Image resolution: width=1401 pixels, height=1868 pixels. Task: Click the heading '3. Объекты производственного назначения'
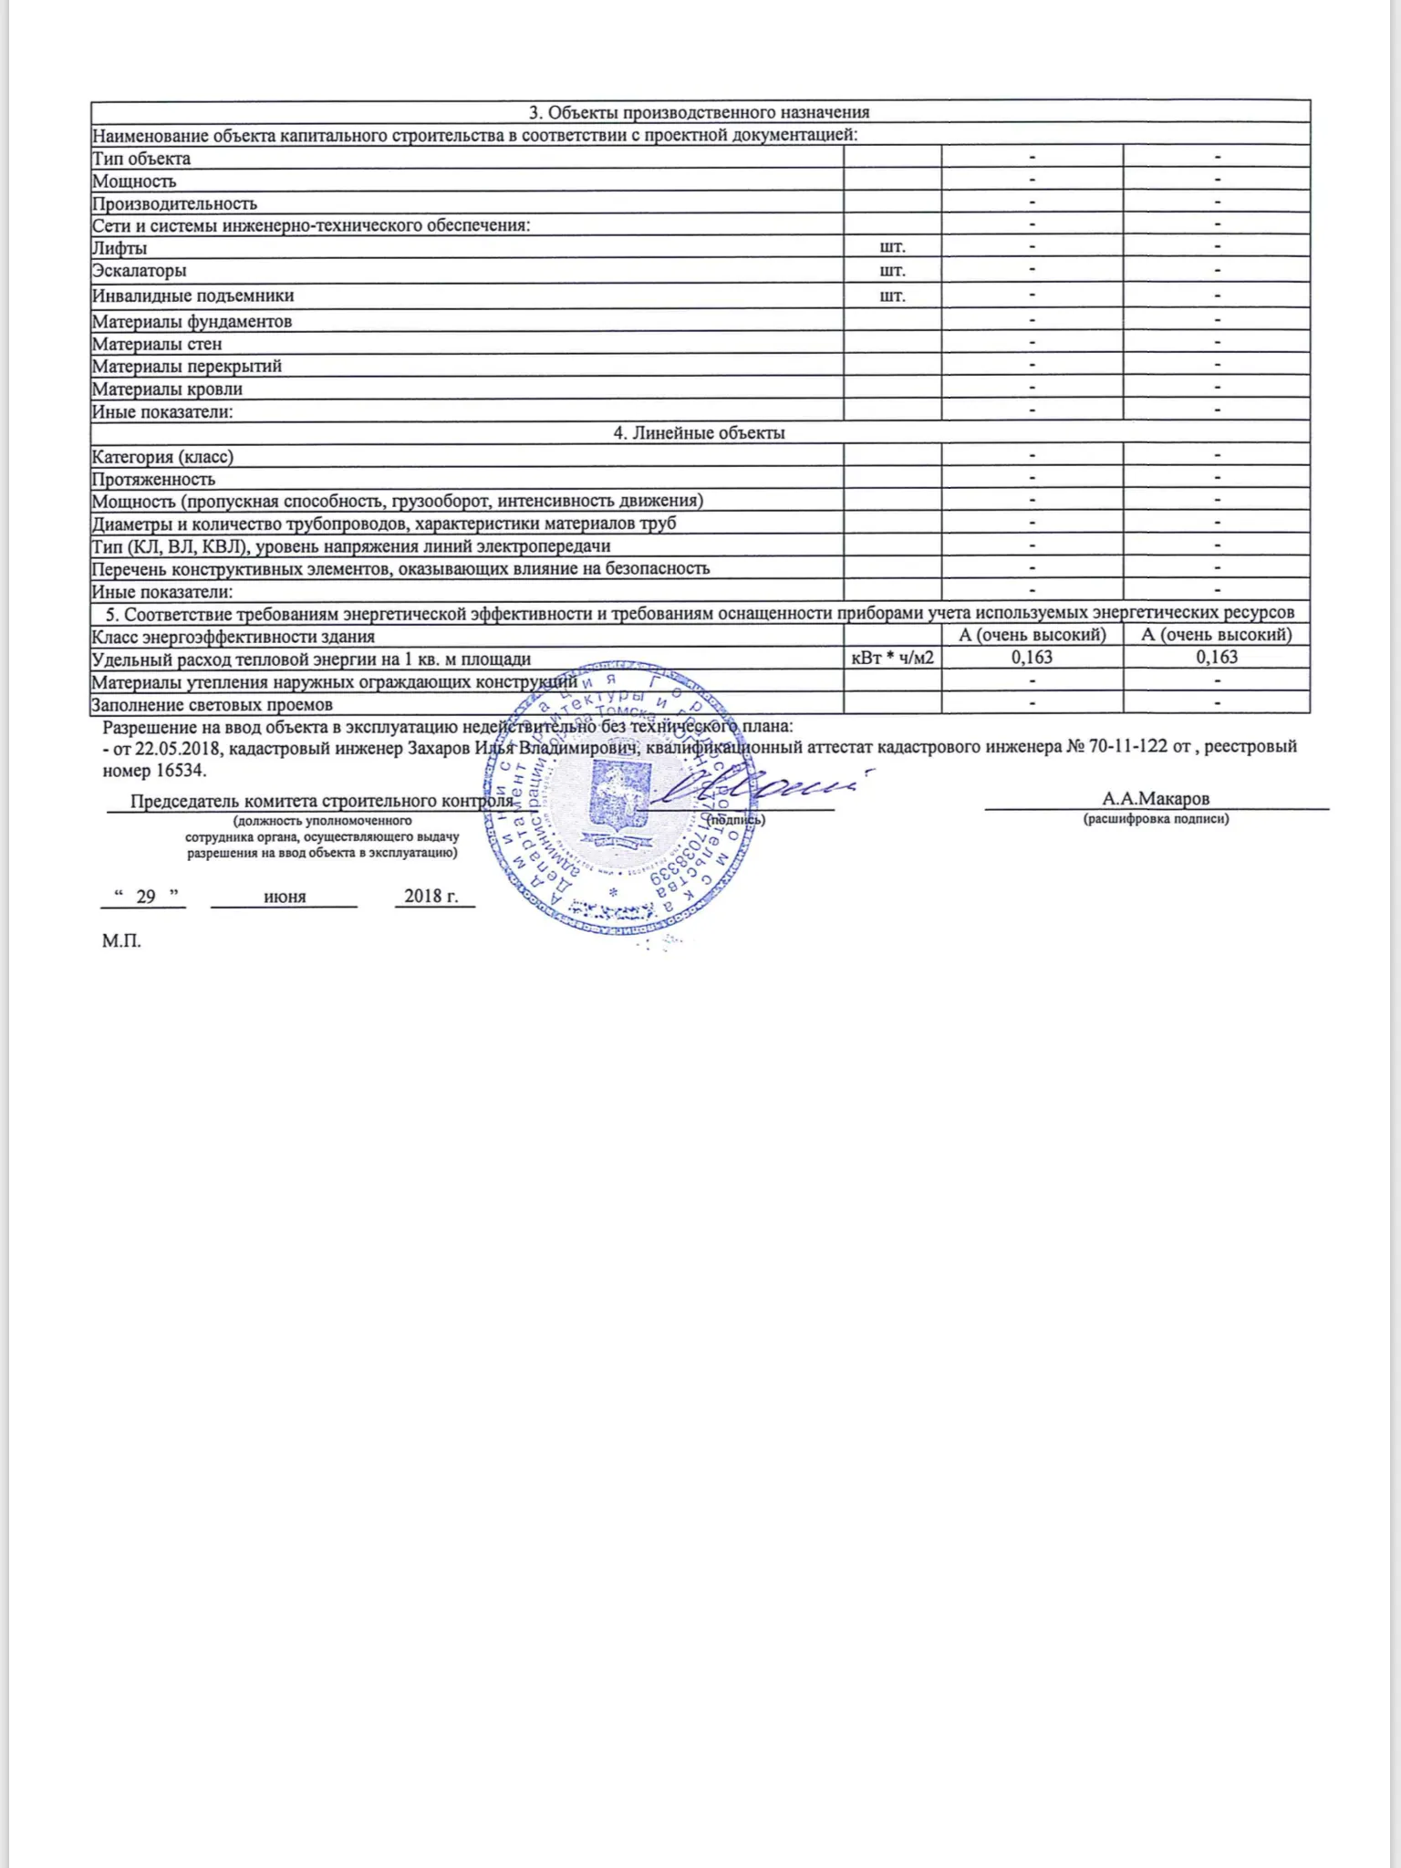pyautogui.click(x=699, y=112)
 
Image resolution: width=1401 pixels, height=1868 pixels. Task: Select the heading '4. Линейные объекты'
pyautogui.click(x=699, y=433)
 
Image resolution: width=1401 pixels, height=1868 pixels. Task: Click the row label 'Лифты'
pyautogui.click(x=119, y=248)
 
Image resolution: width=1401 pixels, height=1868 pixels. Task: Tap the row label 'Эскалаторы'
pyautogui.click(x=140, y=271)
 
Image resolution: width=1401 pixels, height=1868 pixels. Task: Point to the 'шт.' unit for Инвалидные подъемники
pyautogui.click(x=892, y=296)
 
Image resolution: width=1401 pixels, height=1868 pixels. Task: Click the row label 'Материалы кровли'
pyautogui.click(x=167, y=389)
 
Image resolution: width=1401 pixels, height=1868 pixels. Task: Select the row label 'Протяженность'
pyautogui.click(x=153, y=479)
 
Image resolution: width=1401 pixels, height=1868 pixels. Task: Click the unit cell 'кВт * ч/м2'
pyautogui.click(x=892, y=658)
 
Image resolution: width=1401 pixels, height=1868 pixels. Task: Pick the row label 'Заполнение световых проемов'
pyautogui.click(x=212, y=704)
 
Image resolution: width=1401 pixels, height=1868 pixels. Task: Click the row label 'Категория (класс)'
pyautogui.click(x=162, y=456)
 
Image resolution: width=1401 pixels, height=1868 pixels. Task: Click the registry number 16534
pyautogui.click(x=180, y=770)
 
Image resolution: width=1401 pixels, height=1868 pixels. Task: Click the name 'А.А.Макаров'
pyautogui.click(x=1156, y=799)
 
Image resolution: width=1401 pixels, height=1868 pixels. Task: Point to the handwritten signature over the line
pyautogui.click(x=757, y=786)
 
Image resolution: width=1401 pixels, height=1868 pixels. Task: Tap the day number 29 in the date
pyautogui.click(x=145, y=896)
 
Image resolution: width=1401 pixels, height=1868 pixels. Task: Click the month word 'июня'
pyautogui.click(x=285, y=897)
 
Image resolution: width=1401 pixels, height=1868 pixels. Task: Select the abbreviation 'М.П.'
pyautogui.click(x=121, y=941)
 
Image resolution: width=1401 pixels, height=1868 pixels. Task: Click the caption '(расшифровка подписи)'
pyautogui.click(x=1156, y=819)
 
